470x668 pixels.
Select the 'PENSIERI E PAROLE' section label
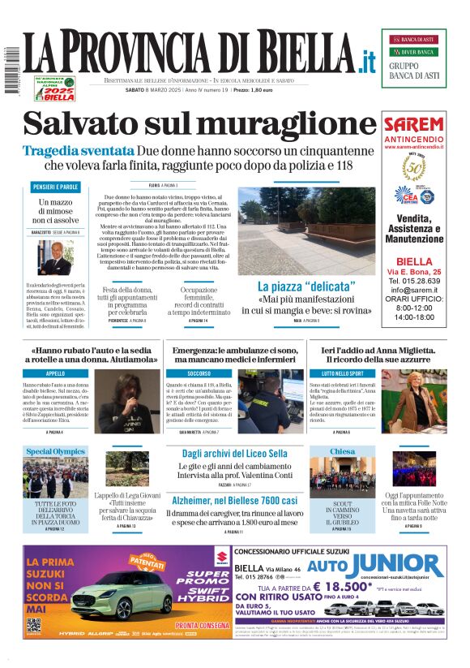pos(56,187)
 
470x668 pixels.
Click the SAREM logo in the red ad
pos(413,126)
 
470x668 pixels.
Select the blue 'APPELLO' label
pos(56,373)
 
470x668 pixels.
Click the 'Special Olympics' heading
pos(55,451)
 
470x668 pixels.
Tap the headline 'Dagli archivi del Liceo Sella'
pos(234,453)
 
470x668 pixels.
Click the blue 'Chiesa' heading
pos(343,451)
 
